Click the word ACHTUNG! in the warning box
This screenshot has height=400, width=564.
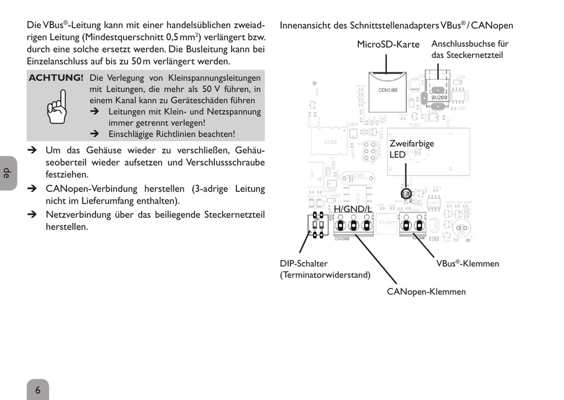click(56, 78)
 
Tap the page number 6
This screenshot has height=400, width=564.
click(37, 390)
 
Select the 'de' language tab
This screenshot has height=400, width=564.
click(7, 173)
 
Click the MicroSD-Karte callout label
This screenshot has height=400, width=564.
click(388, 45)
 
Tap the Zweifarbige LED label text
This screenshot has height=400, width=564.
click(411, 149)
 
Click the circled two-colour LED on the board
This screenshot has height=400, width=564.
click(406, 193)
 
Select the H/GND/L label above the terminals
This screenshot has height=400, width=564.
click(353, 209)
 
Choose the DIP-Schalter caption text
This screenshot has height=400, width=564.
click(303, 264)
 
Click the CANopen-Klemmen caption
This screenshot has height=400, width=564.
click(426, 291)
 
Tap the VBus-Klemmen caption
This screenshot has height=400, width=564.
click(467, 264)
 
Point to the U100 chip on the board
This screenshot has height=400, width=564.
click(330, 142)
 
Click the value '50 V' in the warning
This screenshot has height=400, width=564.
click(220, 89)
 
